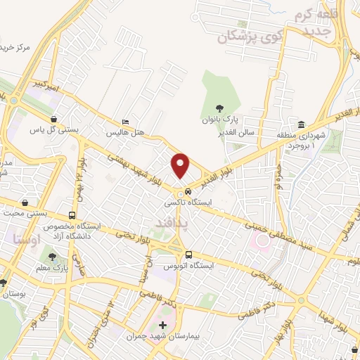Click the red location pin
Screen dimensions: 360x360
pyautogui.click(x=181, y=165)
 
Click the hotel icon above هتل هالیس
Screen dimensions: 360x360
pyautogui.click(x=125, y=121)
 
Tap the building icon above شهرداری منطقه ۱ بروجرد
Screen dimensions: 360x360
pyautogui.click(x=301, y=124)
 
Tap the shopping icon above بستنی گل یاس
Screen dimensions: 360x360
pyautogui.click(x=54, y=119)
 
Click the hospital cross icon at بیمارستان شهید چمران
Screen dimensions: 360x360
pyautogui.click(x=164, y=326)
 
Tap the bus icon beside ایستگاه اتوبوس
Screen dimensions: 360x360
pyautogui.click(x=188, y=255)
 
